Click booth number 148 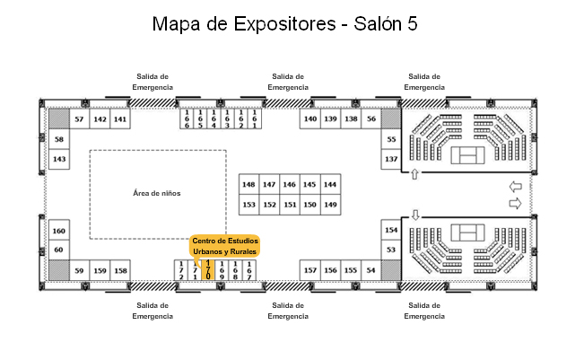coord(248,184)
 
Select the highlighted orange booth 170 coord(208,270)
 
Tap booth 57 coord(79,119)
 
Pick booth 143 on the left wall coord(59,159)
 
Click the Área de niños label coord(157,193)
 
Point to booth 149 coord(330,205)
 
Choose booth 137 coord(391,159)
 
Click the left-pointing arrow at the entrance coord(516,187)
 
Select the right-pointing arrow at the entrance coord(516,204)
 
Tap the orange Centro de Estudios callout coord(225,246)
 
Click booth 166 coord(187,119)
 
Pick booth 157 coord(310,270)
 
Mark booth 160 coord(59,231)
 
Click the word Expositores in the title coord(285,24)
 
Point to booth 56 coord(371,119)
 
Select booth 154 coord(391,230)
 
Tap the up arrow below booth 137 coord(415,173)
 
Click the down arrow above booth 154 coord(415,215)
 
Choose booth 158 coord(120,270)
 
